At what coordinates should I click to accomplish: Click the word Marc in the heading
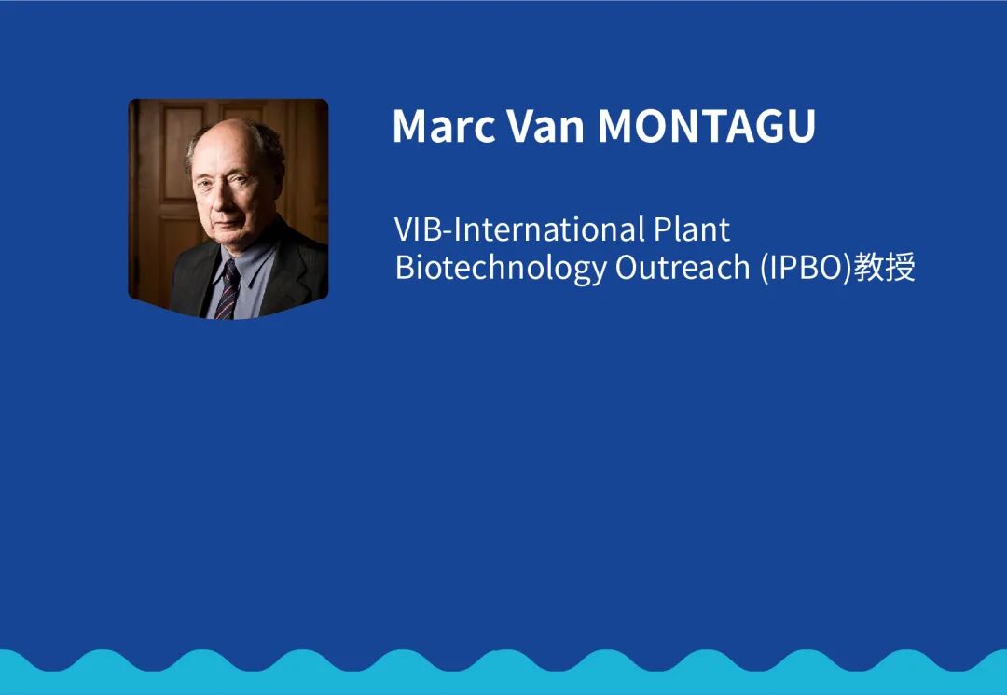pos(444,125)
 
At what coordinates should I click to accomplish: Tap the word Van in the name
pos(545,125)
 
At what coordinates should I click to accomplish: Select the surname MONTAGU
pos(707,125)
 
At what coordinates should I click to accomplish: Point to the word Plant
pos(692,229)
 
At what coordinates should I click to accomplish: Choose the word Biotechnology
pos(501,268)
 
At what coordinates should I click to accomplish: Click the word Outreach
pos(682,267)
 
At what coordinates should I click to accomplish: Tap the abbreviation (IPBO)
pos(806,268)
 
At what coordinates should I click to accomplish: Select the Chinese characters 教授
pos(884,267)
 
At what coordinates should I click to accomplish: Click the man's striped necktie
pos(228,291)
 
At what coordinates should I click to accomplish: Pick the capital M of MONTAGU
pos(614,126)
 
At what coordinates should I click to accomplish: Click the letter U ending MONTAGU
pos(801,126)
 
